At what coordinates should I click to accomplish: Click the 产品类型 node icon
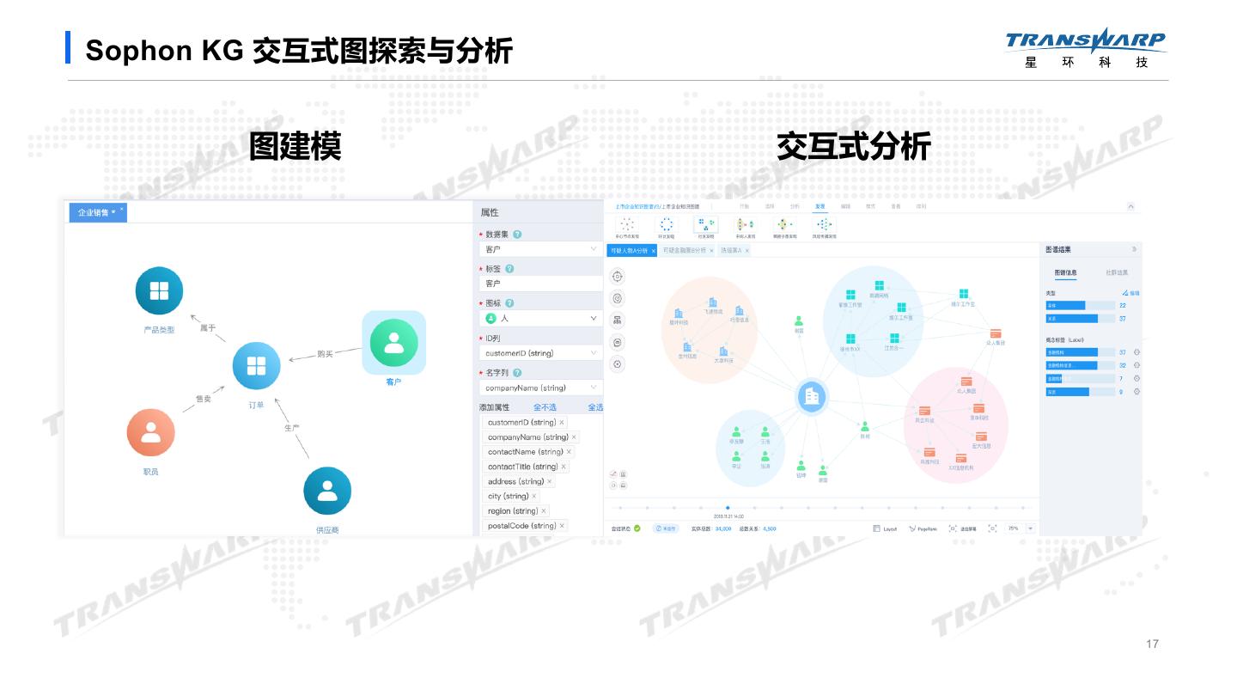coord(159,290)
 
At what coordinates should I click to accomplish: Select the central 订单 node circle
coord(256,366)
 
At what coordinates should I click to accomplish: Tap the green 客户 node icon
coord(393,342)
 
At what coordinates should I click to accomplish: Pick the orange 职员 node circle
coord(150,432)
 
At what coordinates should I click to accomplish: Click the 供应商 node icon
coord(326,491)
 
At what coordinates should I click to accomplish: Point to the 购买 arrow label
coord(325,353)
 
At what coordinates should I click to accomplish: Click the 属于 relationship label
coord(208,327)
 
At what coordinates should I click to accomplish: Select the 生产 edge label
coord(292,427)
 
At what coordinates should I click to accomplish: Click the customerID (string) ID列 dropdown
coord(540,353)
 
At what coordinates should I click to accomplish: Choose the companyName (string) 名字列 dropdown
coord(540,388)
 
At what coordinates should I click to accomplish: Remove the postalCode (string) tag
coord(563,526)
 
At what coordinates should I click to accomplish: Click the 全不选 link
coord(545,407)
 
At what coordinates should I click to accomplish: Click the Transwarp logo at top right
coord(1086,47)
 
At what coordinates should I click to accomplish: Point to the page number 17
coord(1152,644)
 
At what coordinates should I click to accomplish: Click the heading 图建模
coord(295,146)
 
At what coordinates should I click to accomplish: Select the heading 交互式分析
coord(853,146)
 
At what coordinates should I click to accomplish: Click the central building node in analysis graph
coord(811,396)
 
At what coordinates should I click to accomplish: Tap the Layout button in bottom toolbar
coord(885,528)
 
